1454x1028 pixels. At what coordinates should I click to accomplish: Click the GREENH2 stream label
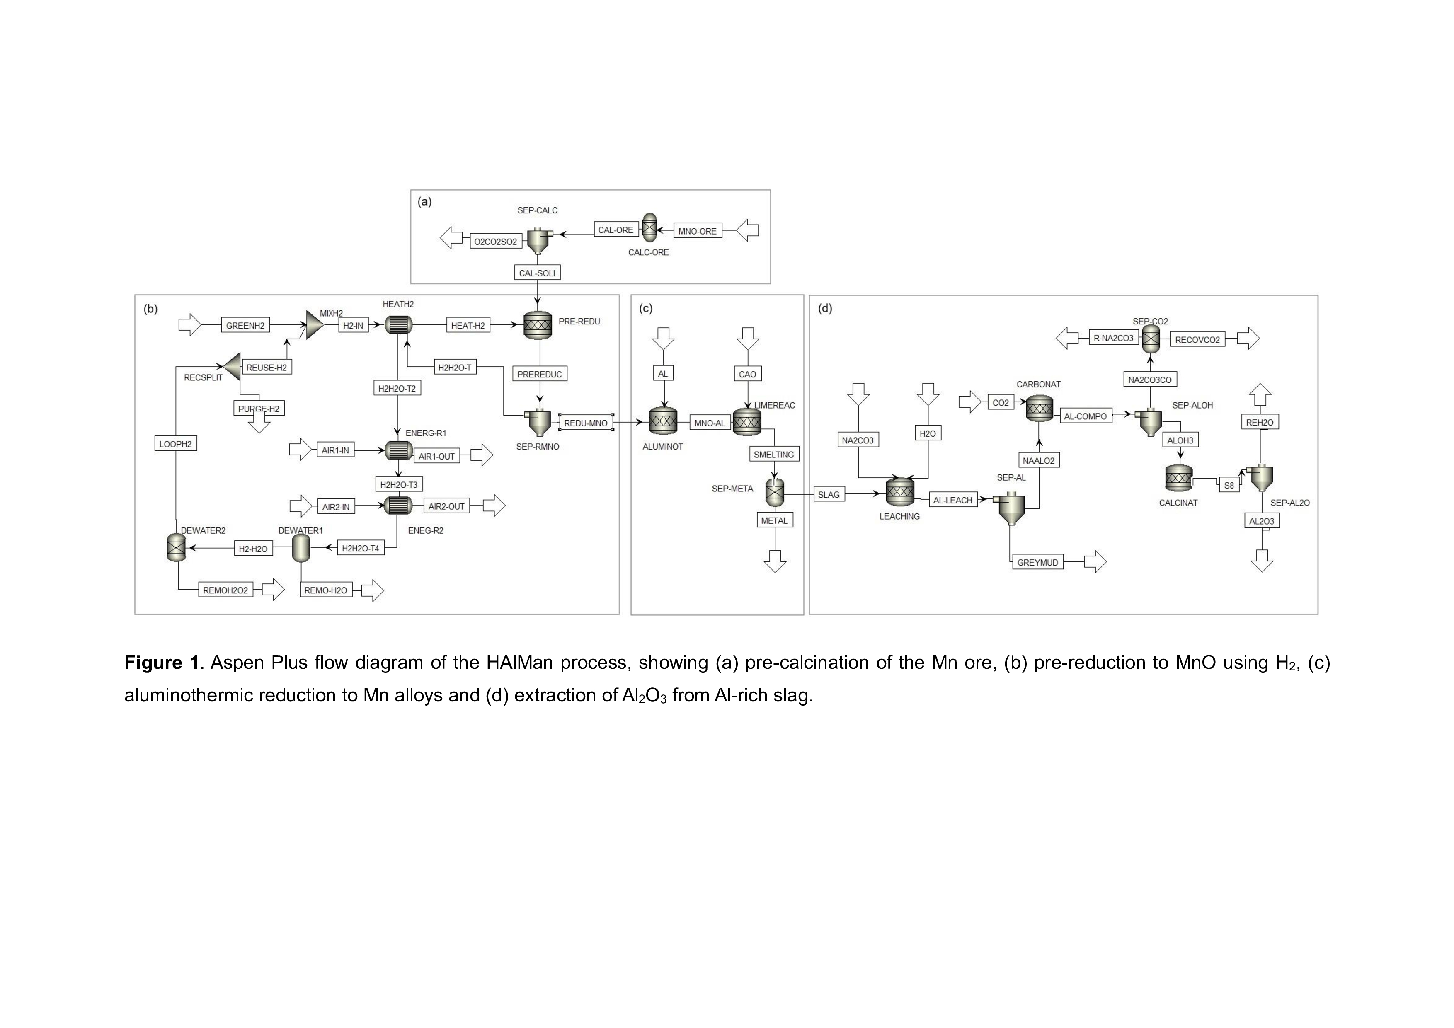[245, 325]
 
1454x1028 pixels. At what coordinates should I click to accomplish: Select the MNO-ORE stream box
[697, 231]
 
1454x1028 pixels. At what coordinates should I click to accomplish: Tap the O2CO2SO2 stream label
[496, 241]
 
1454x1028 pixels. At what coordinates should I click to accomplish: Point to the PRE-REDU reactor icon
[538, 325]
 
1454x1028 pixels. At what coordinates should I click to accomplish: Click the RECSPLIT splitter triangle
[232, 366]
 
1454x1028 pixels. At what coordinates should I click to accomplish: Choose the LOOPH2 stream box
[175, 444]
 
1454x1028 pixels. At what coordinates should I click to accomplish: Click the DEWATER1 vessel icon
[301, 547]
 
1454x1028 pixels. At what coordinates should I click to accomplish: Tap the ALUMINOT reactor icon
[663, 421]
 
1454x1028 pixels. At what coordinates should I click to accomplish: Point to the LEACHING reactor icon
[900, 492]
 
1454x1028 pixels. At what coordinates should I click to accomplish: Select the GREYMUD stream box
[1037, 562]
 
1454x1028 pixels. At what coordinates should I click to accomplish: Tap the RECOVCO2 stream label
[1197, 339]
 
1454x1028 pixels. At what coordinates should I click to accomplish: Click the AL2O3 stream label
[1262, 521]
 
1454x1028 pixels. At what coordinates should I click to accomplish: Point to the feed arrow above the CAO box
[748, 338]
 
